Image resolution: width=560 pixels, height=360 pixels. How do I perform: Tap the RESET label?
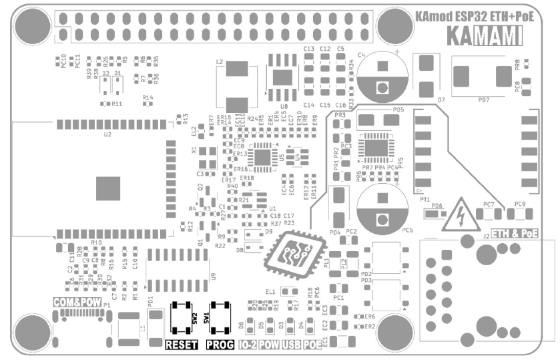(182, 345)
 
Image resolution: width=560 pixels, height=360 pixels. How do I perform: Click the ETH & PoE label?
(515, 232)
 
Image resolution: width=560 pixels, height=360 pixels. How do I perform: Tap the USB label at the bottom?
(290, 345)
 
